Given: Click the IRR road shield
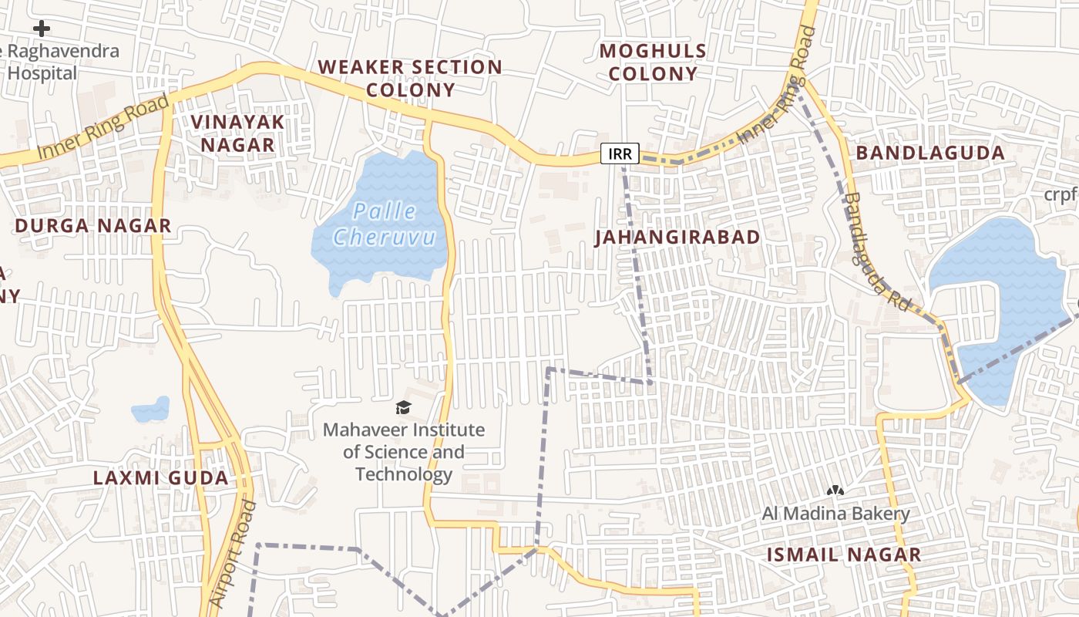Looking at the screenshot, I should (620, 153).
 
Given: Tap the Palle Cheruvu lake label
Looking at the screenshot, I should (385, 224).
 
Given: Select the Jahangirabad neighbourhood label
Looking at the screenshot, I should (677, 237).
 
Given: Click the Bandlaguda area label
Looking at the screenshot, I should (930, 153).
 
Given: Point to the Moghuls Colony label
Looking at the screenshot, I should (653, 62).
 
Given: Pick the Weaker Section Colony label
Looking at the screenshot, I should (410, 78).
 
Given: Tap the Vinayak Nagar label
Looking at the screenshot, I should (237, 133).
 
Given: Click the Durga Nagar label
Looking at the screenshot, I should (93, 226).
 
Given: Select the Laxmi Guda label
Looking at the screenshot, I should (160, 477).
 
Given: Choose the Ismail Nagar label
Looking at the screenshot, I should (843, 554).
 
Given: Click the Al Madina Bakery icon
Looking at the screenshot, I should (835, 490).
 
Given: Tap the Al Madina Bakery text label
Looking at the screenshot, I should (836, 514).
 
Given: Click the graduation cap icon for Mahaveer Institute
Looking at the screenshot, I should (403, 407).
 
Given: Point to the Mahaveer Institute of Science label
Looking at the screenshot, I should (404, 451).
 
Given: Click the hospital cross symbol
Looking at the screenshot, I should (42, 29).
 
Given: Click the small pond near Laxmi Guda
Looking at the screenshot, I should (151, 410).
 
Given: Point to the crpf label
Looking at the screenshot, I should (1061, 194).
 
